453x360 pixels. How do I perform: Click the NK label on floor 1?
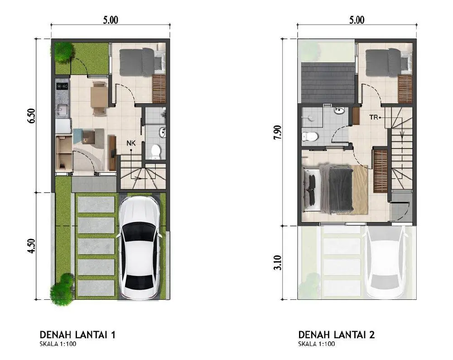131,143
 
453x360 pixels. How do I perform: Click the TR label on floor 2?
373,117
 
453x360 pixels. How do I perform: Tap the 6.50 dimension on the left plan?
32,116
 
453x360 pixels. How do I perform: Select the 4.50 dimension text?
32,246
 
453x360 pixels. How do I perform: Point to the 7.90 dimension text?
278,132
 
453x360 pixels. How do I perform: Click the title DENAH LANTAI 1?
77,335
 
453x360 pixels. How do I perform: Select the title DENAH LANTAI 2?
337,335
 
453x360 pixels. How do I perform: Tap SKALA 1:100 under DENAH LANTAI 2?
317,344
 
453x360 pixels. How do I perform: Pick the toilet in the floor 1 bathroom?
156,152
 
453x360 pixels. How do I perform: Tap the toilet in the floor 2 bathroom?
309,136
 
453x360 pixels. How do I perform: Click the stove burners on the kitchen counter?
63,86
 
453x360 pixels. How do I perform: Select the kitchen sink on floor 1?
63,110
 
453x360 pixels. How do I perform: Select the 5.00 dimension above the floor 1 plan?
111,20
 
